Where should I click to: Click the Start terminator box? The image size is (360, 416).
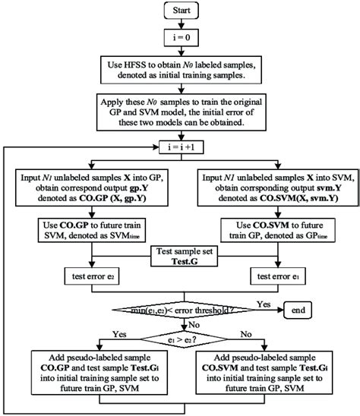(x=181, y=11)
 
